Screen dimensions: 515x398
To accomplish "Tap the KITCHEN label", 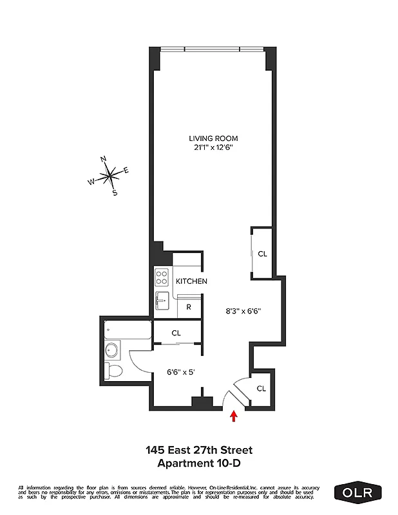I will pos(191,281).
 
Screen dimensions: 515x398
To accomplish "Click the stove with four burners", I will pos(161,278).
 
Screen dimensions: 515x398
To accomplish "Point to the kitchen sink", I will pos(161,299).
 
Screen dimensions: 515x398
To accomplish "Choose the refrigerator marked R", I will pos(189,307).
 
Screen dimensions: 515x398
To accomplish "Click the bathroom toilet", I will pos(114,371).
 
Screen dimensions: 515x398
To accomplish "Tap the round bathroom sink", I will pos(111,351).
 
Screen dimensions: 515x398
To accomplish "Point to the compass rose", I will pos(111,174).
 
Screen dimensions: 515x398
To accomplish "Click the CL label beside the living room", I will pos(262,254).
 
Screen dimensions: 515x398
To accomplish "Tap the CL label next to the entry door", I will pos(261,388).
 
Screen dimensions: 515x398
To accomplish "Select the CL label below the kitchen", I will pos(176,333).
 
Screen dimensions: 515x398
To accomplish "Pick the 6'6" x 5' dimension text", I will pos(180,371).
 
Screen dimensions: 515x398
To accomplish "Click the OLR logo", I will pos(358,492).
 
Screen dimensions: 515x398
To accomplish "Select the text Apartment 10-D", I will pos(198,463).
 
